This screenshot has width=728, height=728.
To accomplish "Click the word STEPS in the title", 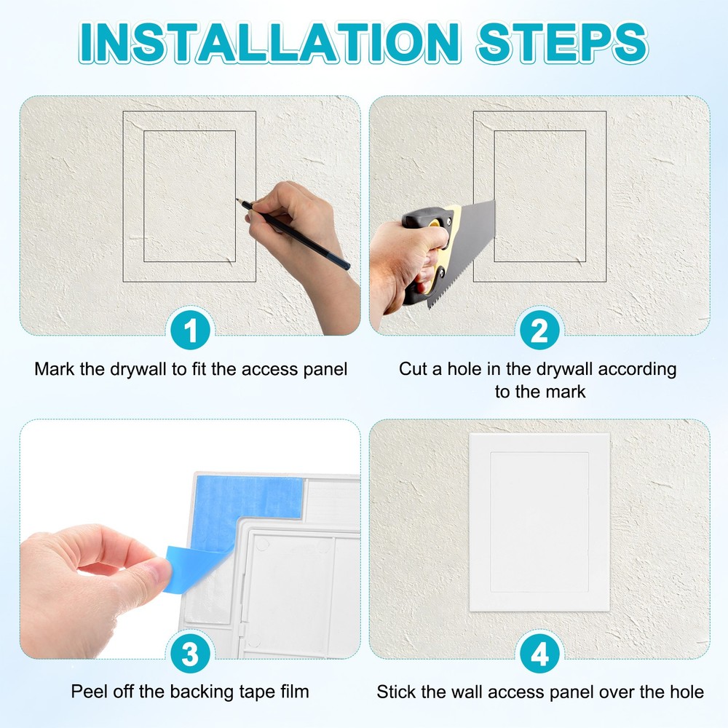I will pos(563,44).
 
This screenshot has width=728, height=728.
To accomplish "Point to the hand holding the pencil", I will pos(291,218).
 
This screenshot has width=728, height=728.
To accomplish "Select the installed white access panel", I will pos(539,522).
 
